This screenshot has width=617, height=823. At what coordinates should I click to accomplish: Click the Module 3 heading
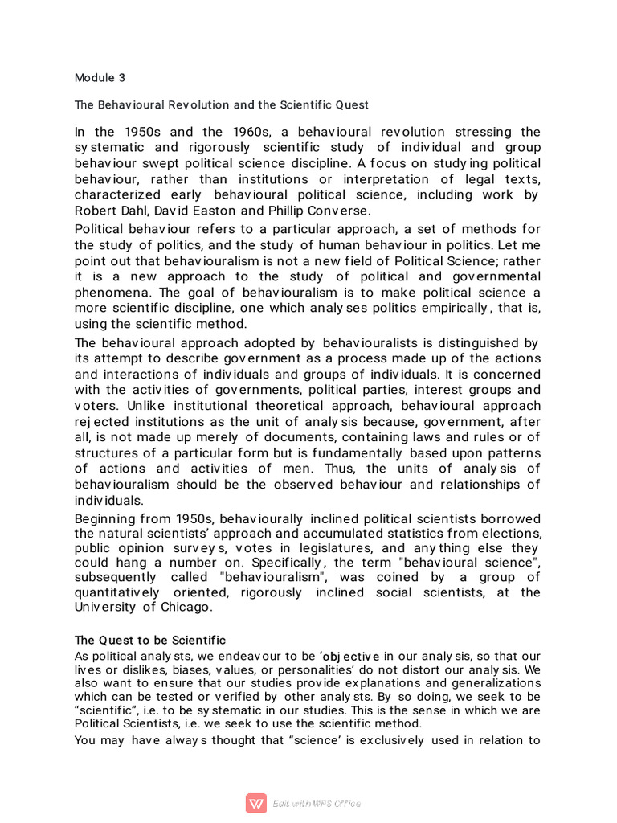pos(100,78)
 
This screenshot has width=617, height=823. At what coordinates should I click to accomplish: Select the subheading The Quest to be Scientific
pos(150,640)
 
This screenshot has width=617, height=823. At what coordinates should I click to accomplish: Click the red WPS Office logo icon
pos(256,803)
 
